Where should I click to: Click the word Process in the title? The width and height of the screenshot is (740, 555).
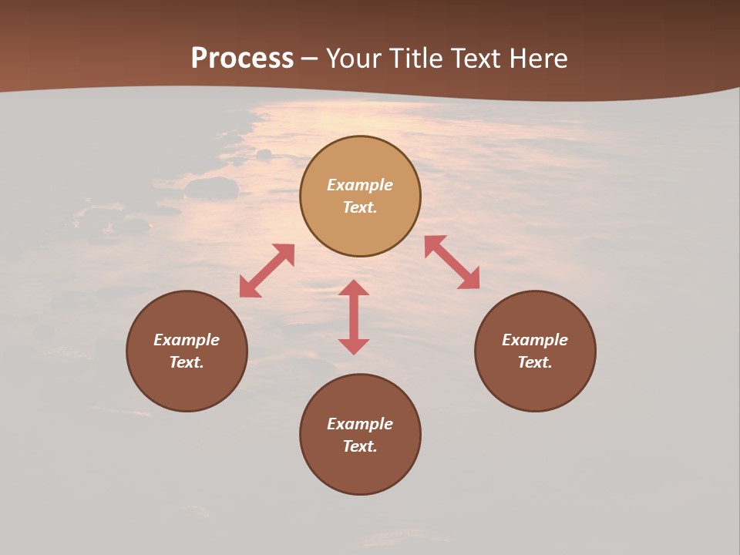pos(242,59)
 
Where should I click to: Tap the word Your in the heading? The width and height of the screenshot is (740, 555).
pos(355,59)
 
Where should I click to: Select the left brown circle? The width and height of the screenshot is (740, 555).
pos(187,385)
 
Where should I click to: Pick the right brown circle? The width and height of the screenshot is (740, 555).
pos(535,385)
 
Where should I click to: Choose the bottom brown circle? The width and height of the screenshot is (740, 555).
pos(360,470)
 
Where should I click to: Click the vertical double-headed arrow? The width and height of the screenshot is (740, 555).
pos(354,317)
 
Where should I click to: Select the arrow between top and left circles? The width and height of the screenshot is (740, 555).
pos(267,271)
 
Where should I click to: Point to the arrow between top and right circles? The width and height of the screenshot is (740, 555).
pos(452,262)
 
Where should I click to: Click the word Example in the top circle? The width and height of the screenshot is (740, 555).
pos(360,185)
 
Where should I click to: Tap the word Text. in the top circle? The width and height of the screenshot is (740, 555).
pos(360,207)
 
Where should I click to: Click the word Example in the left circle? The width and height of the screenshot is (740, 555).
pos(187,340)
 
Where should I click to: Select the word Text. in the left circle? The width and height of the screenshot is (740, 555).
pos(187,362)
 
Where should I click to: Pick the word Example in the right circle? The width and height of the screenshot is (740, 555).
pos(535,340)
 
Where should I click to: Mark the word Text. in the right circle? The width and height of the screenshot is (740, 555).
pos(535,362)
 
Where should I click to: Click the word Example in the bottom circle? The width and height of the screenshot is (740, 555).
pos(360,424)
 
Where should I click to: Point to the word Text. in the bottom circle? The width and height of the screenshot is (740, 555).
pos(360,446)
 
